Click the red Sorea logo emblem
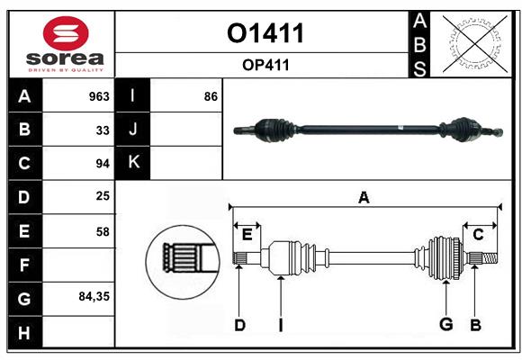tap(66, 33)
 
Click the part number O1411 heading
tap(265, 33)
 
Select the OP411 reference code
tap(265, 65)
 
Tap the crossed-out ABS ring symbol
tap(474, 44)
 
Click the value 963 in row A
tap(99, 96)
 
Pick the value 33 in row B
tap(103, 130)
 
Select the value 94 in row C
tap(103, 164)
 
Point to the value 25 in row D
tap(103, 196)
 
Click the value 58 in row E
tap(103, 231)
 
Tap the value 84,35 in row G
tap(94, 296)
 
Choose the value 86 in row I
tap(211, 96)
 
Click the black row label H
tap(25, 332)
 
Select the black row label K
tap(133, 163)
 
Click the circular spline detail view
tap(183, 262)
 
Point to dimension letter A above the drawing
tap(364, 197)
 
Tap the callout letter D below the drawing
tap(239, 325)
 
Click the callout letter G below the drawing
tap(446, 324)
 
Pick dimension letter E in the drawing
tap(247, 235)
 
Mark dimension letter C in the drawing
tap(478, 235)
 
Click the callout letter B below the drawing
tap(476, 325)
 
